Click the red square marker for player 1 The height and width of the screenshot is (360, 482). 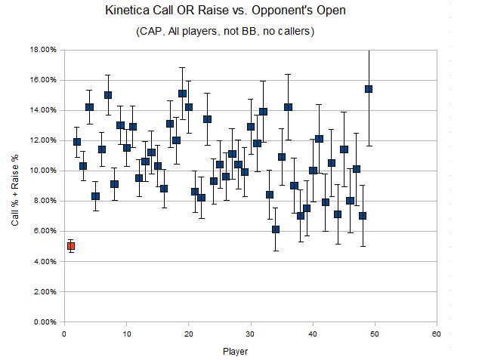point(71,246)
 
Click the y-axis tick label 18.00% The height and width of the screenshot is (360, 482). point(43,50)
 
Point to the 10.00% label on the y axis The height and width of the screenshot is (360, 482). point(43,171)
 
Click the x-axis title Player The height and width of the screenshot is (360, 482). point(235,351)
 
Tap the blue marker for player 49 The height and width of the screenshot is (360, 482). point(369,89)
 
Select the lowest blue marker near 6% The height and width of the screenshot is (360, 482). point(276,229)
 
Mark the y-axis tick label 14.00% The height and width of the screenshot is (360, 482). point(43,110)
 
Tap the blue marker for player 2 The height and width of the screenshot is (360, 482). point(77,142)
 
